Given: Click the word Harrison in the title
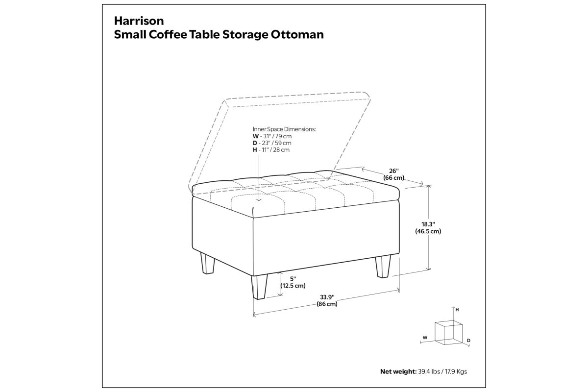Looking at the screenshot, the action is (139, 21).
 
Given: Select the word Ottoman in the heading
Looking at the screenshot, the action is (297, 35).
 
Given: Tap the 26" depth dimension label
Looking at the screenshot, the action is (394, 171).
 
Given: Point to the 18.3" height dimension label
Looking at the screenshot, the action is (428, 224).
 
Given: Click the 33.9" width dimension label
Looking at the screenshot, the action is (327, 297).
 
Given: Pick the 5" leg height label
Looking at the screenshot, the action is (293, 279).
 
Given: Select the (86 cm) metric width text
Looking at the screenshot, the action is (327, 304).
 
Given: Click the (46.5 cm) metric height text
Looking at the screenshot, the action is (428, 231).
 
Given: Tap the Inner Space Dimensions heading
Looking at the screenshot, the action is (284, 129).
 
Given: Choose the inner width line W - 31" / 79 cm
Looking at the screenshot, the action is (272, 136).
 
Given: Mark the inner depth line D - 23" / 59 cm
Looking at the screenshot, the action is (272, 143).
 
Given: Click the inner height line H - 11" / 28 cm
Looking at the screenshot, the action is (271, 149).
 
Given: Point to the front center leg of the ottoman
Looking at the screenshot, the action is (259, 287).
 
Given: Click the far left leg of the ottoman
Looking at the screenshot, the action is (208, 263).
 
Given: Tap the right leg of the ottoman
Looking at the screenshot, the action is (383, 267).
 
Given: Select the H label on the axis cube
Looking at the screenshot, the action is (457, 310).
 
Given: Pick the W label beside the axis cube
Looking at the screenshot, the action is (425, 338).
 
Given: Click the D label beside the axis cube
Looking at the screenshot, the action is (468, 341).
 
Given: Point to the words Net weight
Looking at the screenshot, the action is (398, 371).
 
